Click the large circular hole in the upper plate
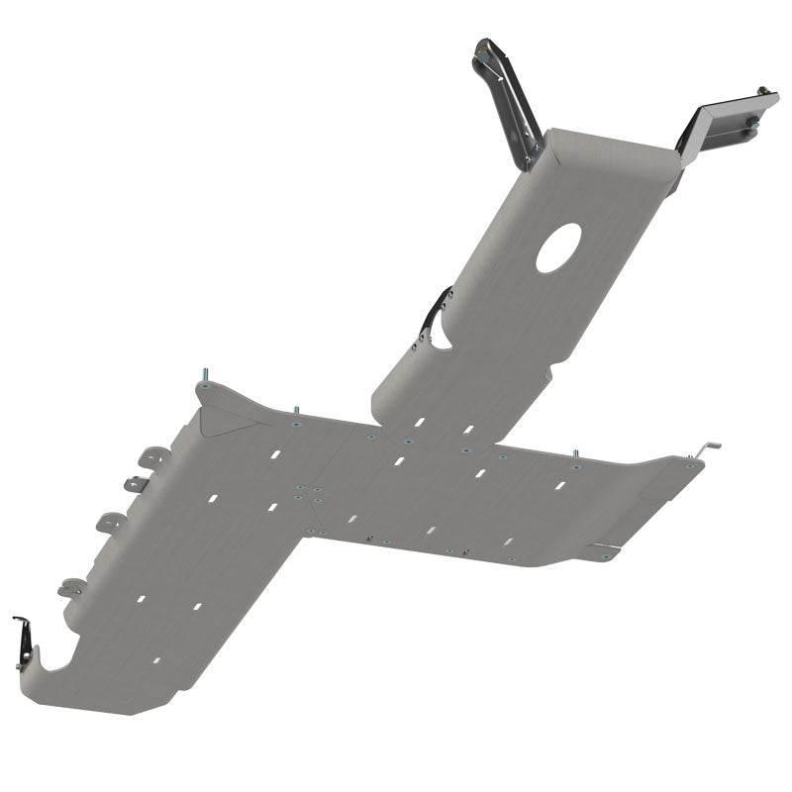pyautogui.click(x=559, y=247)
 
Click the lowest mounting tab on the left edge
pyautogui.click(x=71, y=587)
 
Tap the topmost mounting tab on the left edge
pyautogui.click(x=153, y=455)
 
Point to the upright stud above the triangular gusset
pyautogui.click(x=206, y=374)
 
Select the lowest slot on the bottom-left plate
pyautogui.click(x=155, y=659)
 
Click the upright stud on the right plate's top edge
pyautogui.click(x=574, y=454)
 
